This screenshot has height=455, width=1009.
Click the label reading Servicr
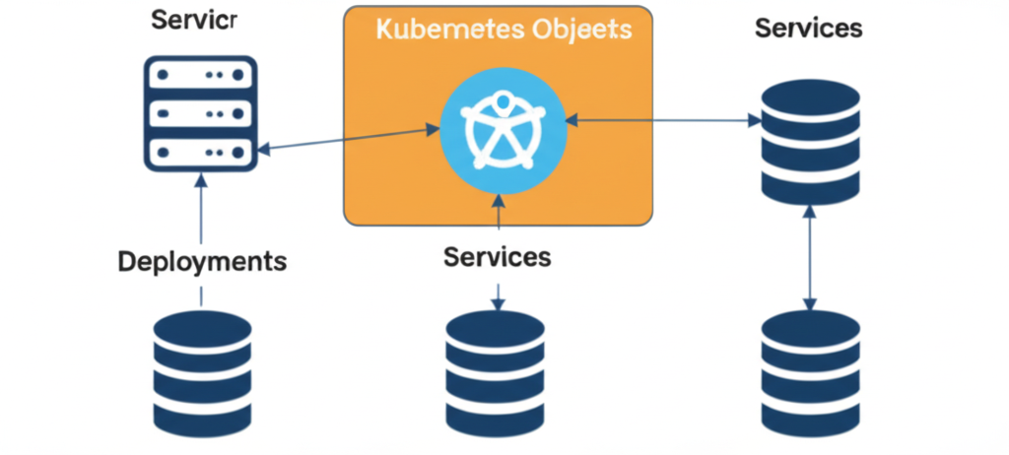[195, 22]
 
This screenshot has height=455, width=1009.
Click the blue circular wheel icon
[501, 129]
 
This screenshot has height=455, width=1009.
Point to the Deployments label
[202, 262]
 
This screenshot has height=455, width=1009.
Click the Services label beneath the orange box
[497, 258]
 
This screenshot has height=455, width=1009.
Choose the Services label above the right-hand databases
[808, 29]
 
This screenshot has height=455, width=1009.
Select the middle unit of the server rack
[201, 113]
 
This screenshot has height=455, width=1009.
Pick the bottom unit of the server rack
[201, 153]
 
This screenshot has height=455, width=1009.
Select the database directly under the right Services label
[810, 144]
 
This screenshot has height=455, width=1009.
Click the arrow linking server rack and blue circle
[349, 138]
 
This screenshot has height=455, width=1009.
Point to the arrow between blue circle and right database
[663, 120]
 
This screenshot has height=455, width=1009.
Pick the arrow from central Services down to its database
[498, 293]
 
